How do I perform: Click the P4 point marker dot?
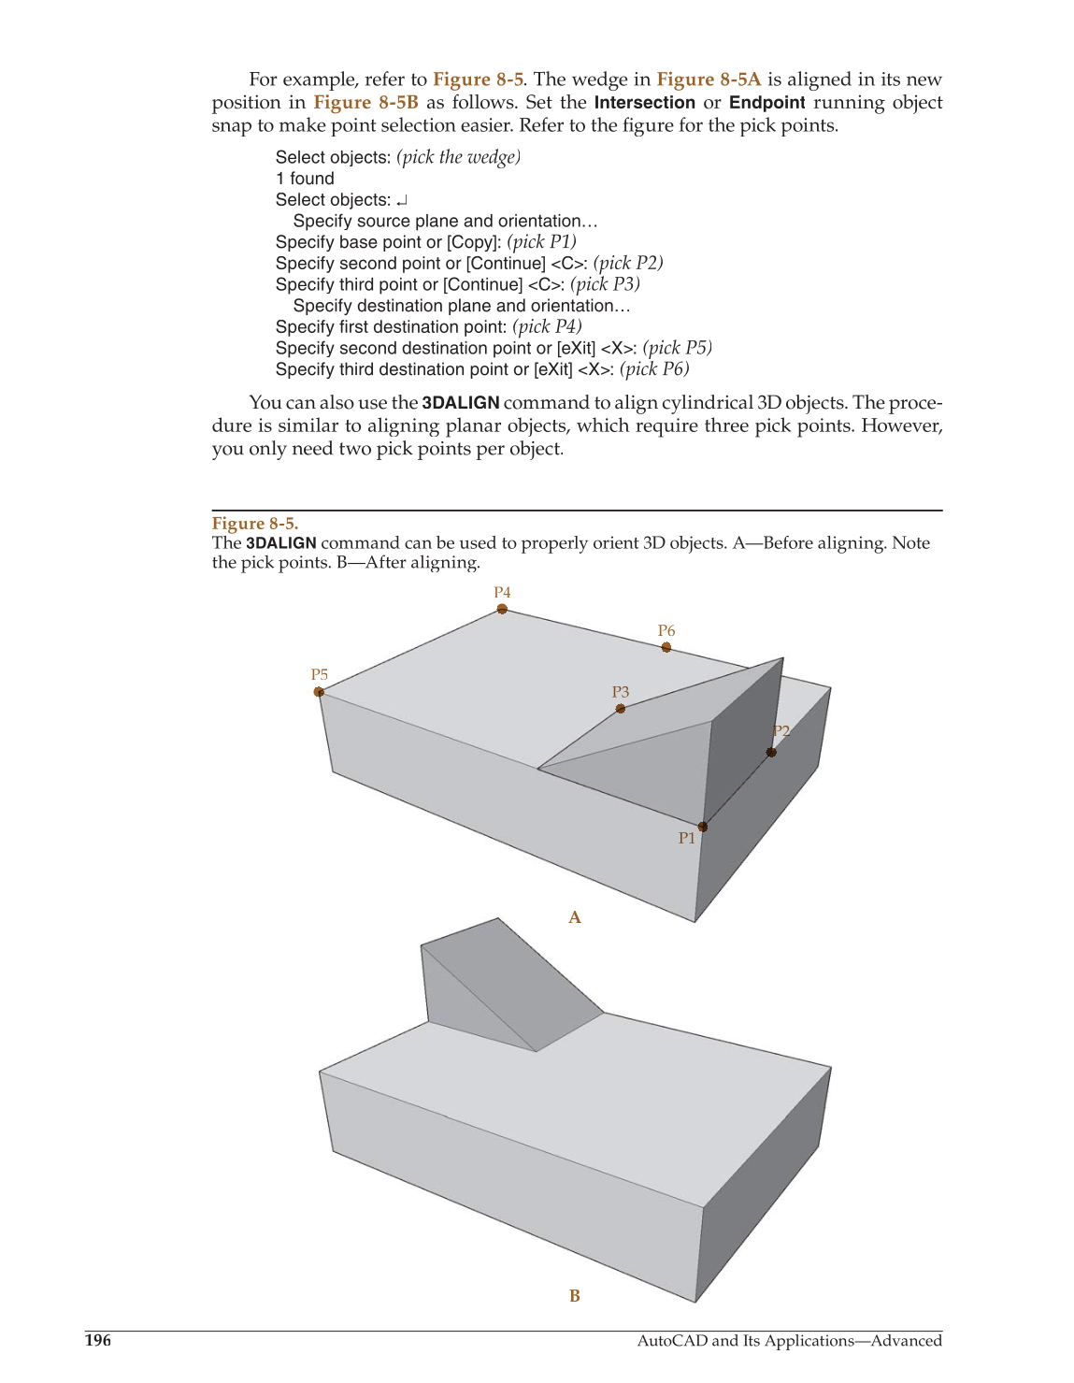point(502,609)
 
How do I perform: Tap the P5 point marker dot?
point(319,692)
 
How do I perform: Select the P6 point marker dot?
point(666,647)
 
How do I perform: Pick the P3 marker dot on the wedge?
point(621,709)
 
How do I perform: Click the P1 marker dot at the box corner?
point(703,827)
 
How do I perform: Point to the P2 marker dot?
point(771,752)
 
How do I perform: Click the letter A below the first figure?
point(575,917)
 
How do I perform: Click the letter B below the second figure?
point(575,1296)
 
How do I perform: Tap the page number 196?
point(98,1341)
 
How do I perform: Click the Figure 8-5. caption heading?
point(255,524)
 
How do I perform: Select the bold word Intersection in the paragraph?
point(645,103)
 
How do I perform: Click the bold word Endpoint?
point(766,103)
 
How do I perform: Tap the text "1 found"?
point(305,179)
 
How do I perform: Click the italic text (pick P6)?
point(654,369)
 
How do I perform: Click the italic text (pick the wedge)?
point(458,157)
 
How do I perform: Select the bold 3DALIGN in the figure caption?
point(280,543)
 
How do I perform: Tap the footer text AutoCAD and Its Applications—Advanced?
point(789,1341)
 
